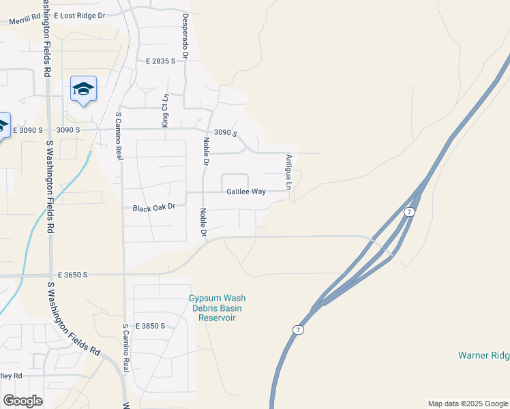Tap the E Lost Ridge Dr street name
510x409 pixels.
coord(80,14)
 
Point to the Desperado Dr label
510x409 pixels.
coord(184,35)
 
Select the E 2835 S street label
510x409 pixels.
coord(161,61)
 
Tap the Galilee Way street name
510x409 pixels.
coord(246,192)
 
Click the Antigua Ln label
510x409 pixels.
coord(289,172)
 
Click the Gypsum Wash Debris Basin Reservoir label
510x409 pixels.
coord(217,308)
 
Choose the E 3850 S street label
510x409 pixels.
coord(151,326)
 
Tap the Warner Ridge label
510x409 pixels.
coord(483,355)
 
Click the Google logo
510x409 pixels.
coord(22,401)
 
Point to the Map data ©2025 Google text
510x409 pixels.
coord(468,404)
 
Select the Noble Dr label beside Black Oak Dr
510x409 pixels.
coord(202,223)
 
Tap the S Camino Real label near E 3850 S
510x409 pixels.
coord(125,347)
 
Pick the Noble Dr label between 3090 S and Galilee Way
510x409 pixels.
coord(205,151)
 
